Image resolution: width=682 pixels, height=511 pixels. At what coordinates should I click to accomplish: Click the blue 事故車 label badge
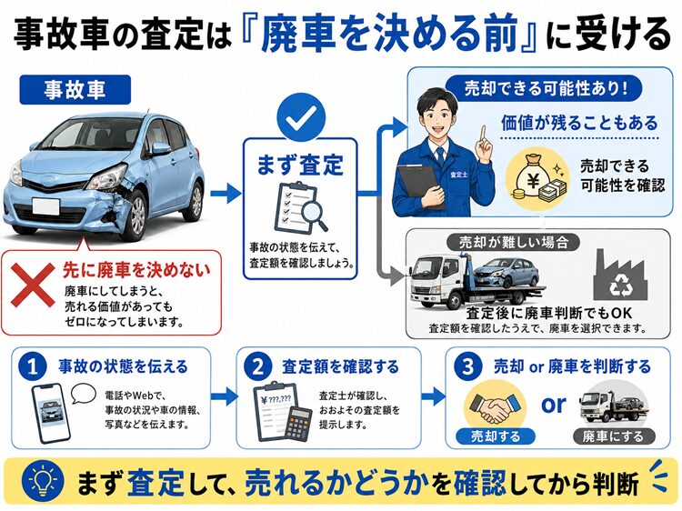coord(75,90)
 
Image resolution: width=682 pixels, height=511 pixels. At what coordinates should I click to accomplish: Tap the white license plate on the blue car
coord(45,205)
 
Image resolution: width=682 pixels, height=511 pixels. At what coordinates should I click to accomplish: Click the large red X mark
coord(32,285)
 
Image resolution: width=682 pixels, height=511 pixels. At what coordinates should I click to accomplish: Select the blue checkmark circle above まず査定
coord(301,116)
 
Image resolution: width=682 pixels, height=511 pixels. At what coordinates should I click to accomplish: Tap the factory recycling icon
coord(620,276)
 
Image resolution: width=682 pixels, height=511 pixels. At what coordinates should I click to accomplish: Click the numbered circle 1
coord(33,367)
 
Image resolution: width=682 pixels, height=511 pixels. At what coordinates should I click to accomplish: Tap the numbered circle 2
coord(258,367)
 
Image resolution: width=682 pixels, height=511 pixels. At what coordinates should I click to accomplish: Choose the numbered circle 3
coord(468,367)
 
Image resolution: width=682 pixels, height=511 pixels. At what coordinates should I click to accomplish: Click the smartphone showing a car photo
coord(51,412)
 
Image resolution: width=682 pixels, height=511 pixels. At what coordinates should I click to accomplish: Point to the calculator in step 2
coord(299,422)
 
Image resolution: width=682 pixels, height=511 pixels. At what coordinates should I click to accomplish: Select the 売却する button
coord(496,436)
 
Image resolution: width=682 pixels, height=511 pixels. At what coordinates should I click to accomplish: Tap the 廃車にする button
coord(613,436)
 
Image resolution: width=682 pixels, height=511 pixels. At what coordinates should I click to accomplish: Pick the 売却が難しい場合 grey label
coord(514,242)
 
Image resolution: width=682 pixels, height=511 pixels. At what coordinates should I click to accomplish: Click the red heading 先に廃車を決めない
coord(136,270)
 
